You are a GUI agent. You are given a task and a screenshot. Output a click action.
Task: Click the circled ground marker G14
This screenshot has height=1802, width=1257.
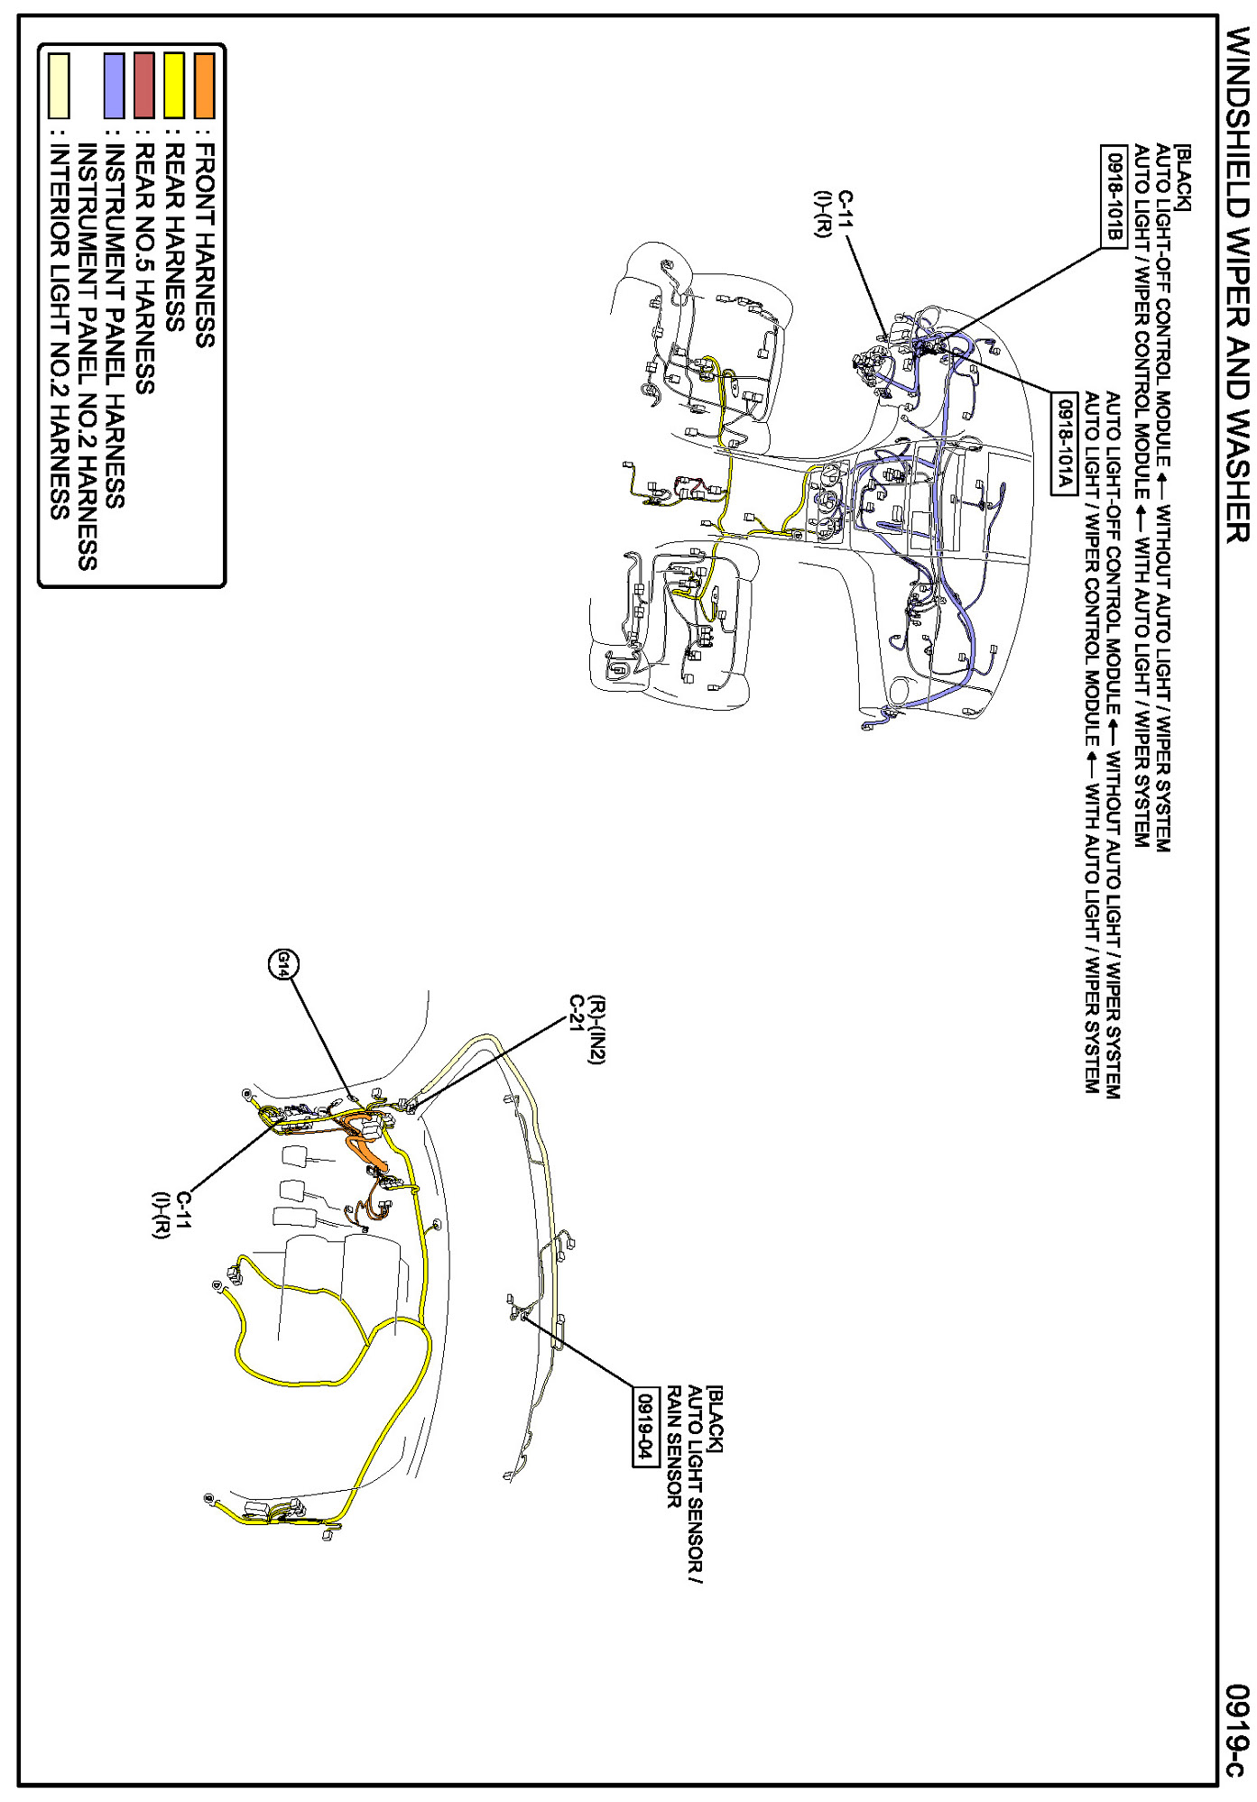(x=284, y=963)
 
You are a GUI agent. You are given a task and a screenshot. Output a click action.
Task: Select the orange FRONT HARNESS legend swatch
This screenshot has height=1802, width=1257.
(x=204, y=86)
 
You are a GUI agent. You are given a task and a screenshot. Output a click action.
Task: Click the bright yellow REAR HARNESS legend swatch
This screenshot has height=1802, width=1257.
(x=173, y=86)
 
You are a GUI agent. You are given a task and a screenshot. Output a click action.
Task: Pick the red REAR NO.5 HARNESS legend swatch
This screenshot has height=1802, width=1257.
(x=143, y=86)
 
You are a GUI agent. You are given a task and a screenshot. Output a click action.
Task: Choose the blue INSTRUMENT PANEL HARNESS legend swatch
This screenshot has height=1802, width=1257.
(x=114, y=86)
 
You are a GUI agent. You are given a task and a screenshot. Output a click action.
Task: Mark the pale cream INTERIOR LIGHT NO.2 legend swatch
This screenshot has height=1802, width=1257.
(x=59, y=86)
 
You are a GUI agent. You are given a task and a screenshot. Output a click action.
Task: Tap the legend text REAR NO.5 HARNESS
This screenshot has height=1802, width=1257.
(x=144, y=268)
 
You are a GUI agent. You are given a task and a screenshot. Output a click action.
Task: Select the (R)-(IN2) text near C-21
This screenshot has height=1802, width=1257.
(x=595, y=1030)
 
